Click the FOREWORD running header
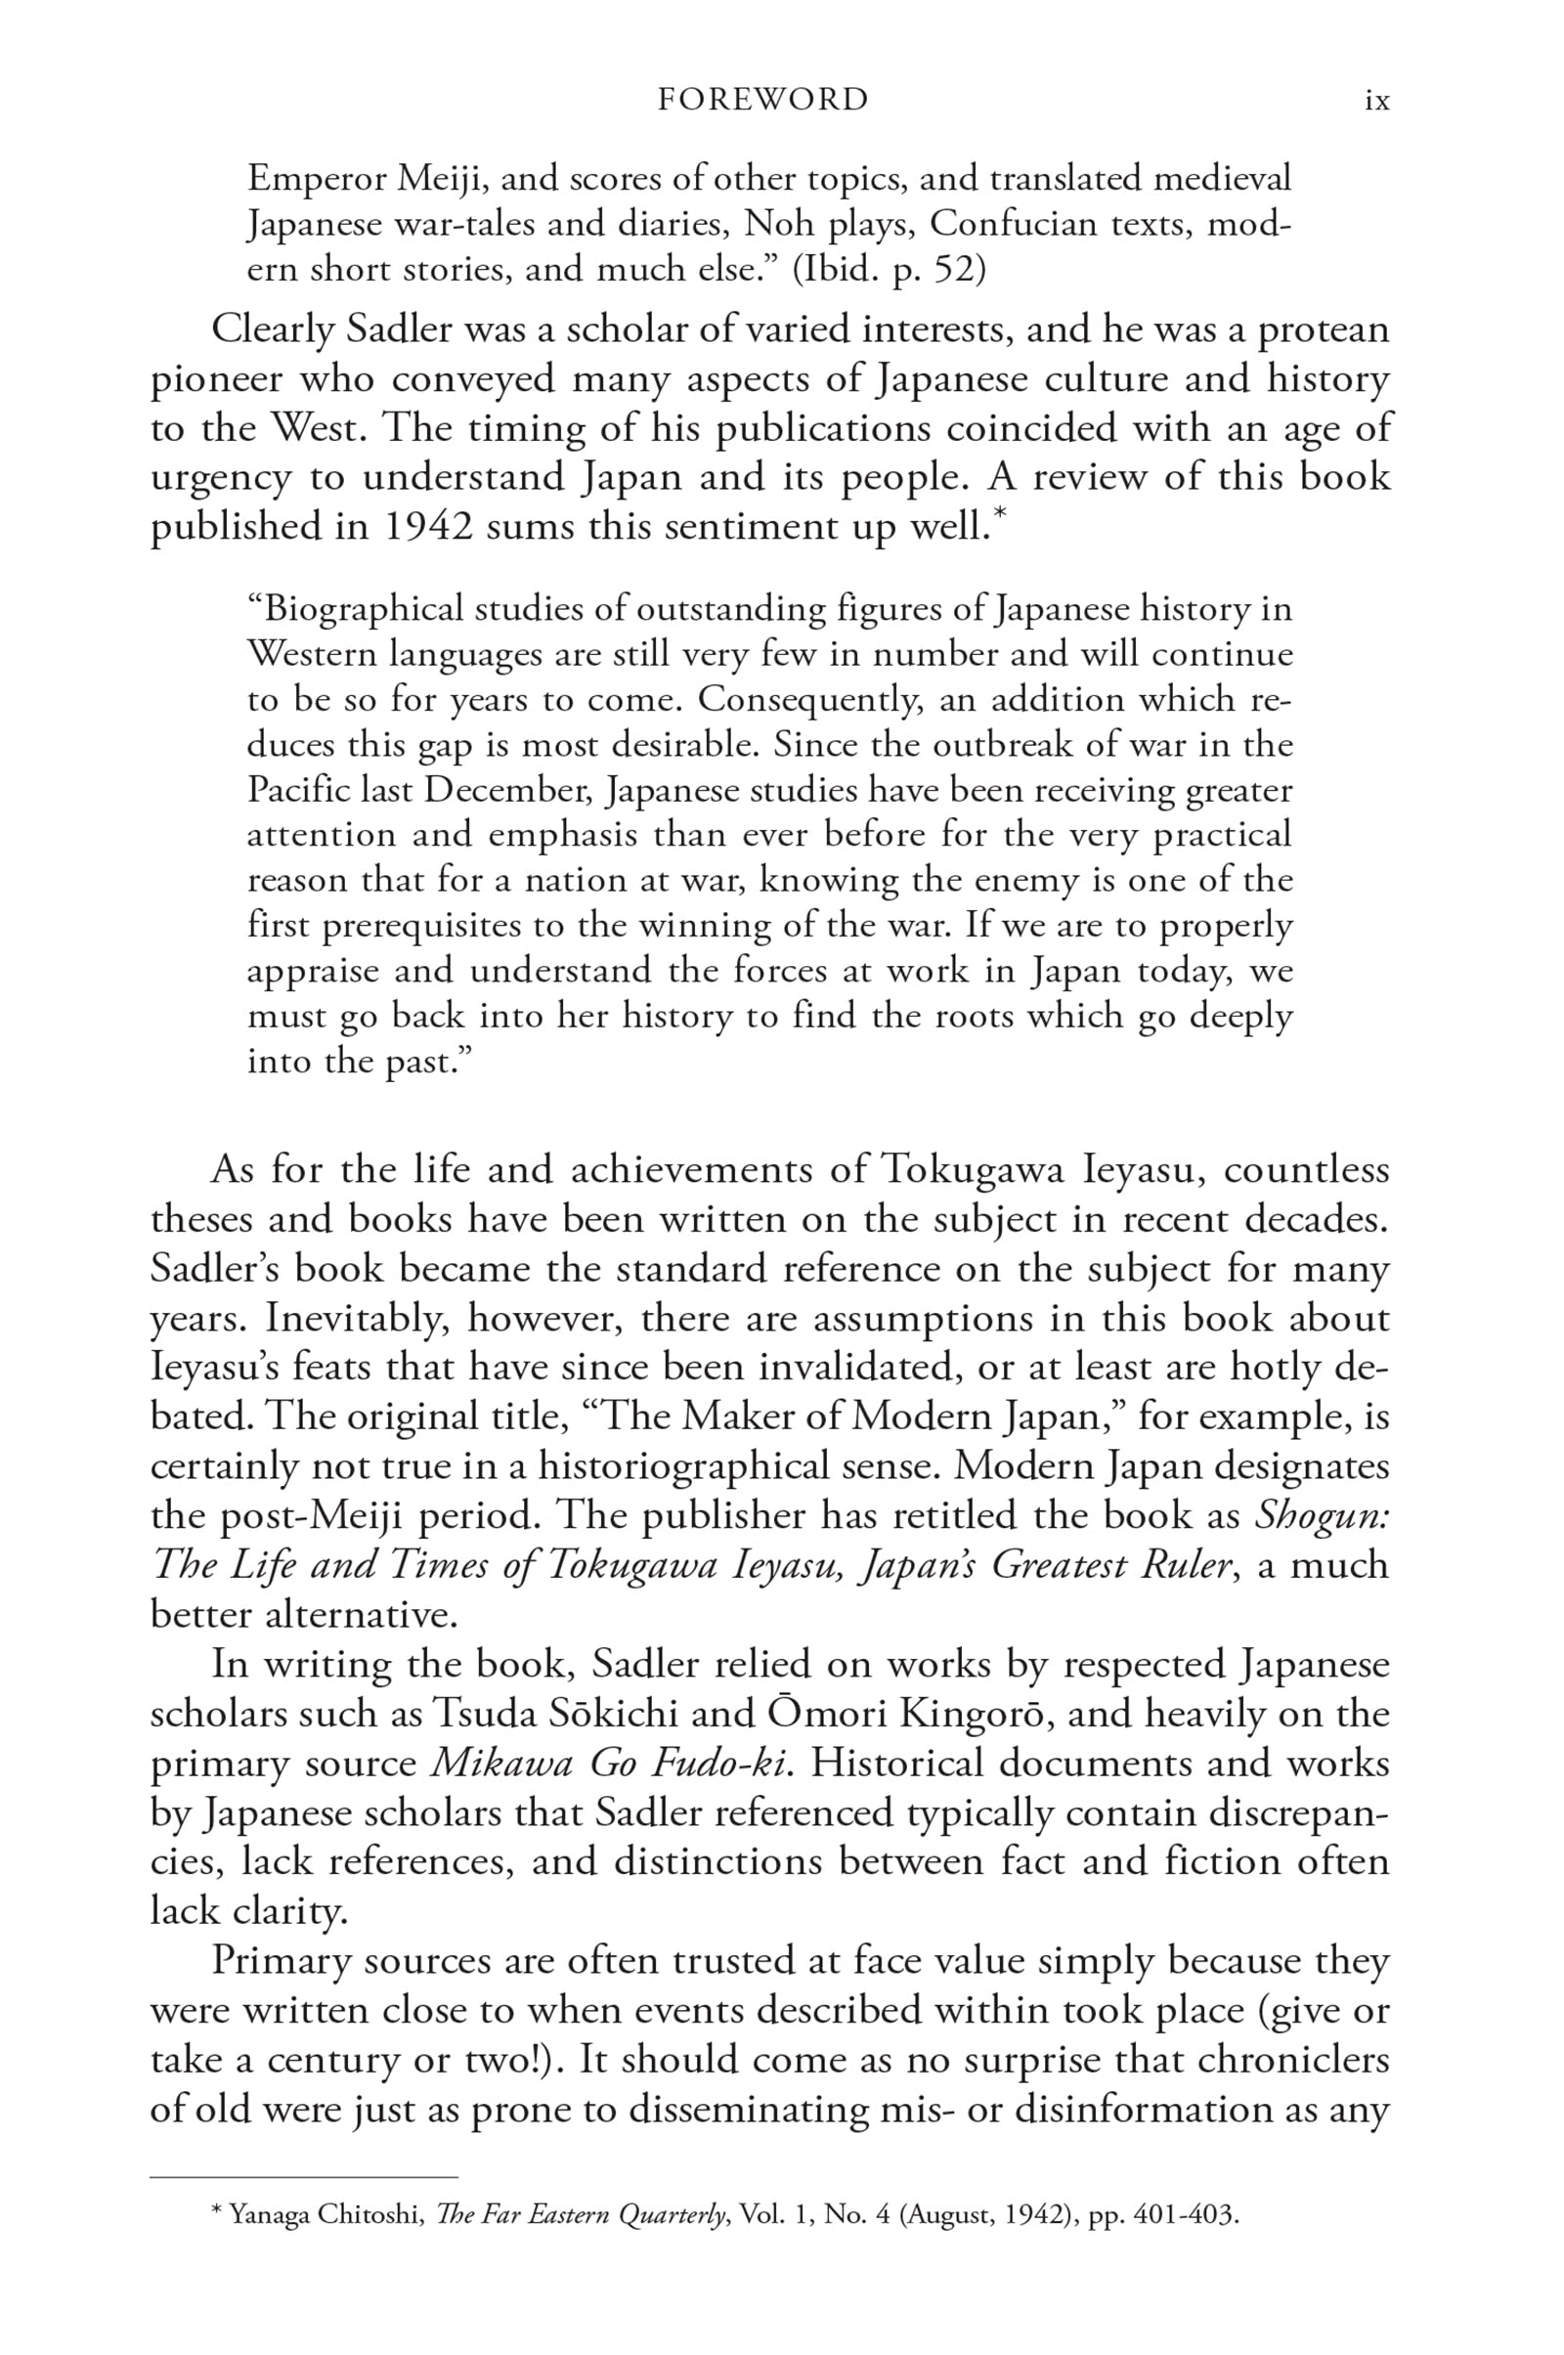[x=763, y=100]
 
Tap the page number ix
[x=1376, y=101]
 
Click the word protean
[x=1323, y=329]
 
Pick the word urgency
[x=221, y=478]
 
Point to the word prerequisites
[x=424, y=926]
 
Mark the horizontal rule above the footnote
[x=303, y=2176]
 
